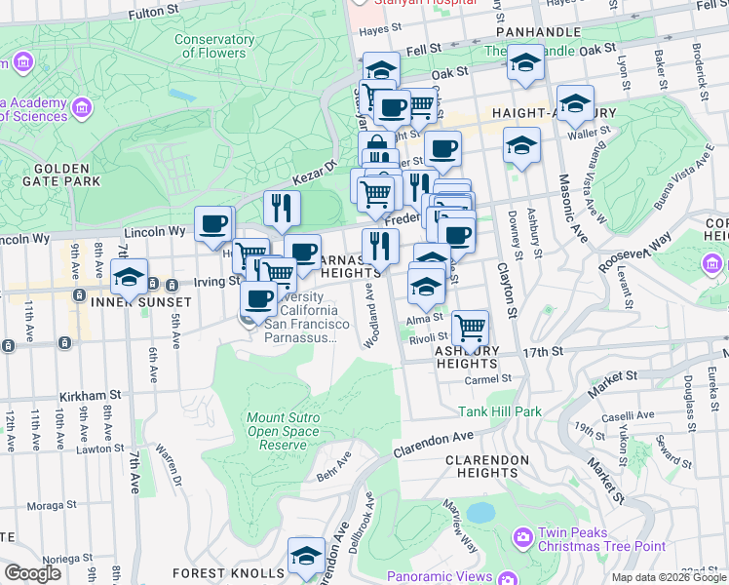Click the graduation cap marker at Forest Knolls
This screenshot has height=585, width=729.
307,556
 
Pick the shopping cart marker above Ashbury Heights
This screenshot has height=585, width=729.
470,327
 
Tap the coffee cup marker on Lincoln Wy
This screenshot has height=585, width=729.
213,224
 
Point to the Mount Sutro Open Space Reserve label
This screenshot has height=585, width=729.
283,431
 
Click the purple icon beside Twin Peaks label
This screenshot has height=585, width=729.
523,536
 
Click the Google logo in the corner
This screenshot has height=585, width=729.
32,573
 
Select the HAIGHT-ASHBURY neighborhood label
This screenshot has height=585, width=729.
554,113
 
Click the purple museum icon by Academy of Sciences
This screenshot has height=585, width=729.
82,105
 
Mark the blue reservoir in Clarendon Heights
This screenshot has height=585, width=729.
480,513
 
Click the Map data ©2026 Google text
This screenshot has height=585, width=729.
668,577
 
